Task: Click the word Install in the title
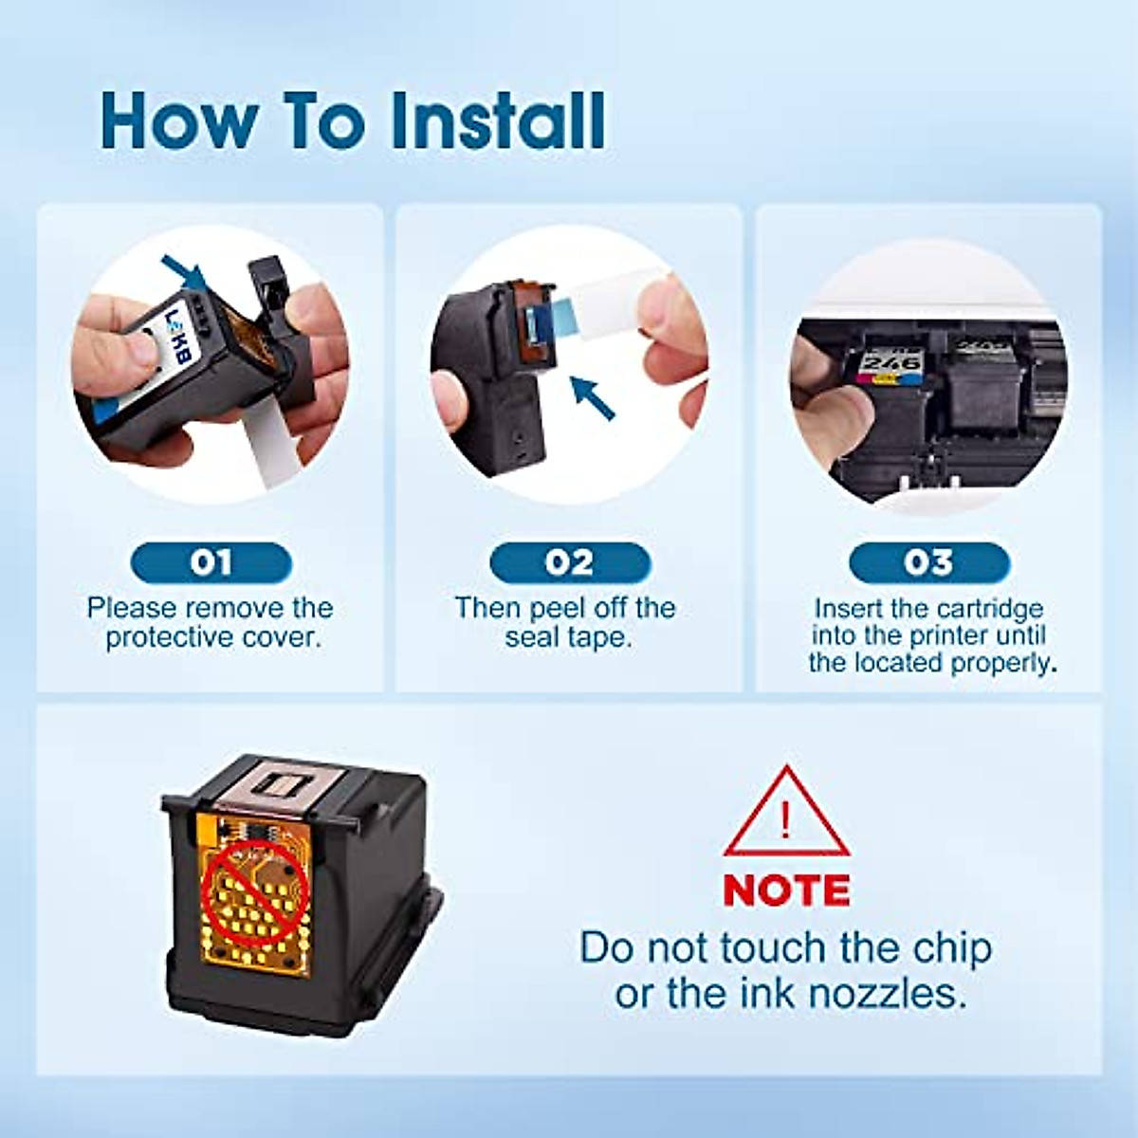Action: [x=499, y=120]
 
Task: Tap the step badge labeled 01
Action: [x=211, y=563]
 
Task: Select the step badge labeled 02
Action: [x=569, y=563]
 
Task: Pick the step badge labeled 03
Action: [x=928, y=563]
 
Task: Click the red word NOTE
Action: [x=786, y=890]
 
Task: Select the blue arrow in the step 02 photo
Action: [x=592, y=397]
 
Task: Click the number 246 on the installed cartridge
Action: [x=891, y=364]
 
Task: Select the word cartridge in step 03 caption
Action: [x=985, y=608]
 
